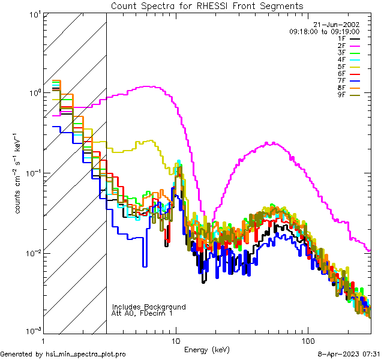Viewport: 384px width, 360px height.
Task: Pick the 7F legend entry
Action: point(349,80)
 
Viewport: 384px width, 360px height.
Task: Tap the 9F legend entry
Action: point(349,94)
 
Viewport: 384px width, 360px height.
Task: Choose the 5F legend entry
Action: point(349,66)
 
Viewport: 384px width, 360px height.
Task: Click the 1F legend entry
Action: point(349,39)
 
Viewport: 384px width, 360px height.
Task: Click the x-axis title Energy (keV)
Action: point(206,349)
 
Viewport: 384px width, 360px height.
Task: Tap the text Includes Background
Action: point(148,307)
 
